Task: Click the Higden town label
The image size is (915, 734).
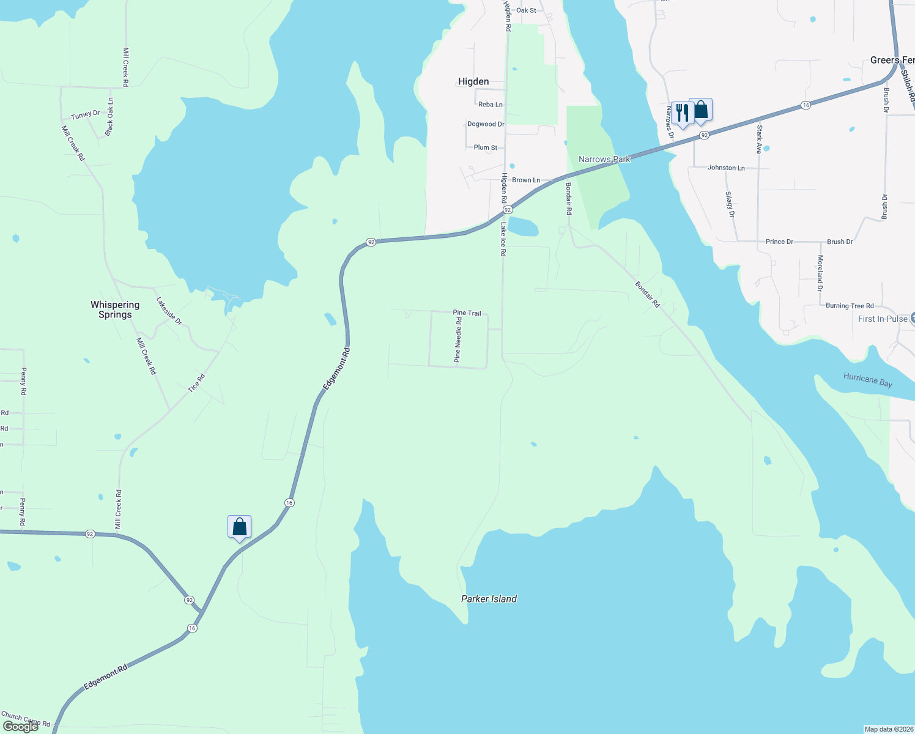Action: pyautogui.click(x=473, y=81)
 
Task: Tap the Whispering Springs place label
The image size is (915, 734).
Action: pyautogui.click(x=115, y=310)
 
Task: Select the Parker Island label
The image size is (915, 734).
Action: pyautogui.click(x=489, y=599)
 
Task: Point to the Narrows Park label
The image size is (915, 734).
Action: pyautogui.click(x=604, y=159)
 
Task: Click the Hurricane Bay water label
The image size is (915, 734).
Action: pyautogui.click(x=867, y=380)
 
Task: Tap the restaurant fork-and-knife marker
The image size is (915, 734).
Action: pyautogui.click(x=682, y=113)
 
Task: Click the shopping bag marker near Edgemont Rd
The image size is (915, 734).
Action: pyautogui.click(x=239, y=527)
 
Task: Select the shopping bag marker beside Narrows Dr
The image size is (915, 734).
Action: pyautogui.click(x=701, y=110)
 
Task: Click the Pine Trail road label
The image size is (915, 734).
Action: pyautogui.click(x=467, y=313)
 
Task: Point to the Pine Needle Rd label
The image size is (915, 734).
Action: pyautogui.click(x=458, y=339)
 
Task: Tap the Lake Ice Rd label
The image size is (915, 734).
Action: pyautogui.click(x=503, y=239)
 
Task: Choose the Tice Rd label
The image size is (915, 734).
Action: pyautogui.click(x=196, y=383)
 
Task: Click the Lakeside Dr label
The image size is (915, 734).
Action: pyautogui.click(x=169, y=311)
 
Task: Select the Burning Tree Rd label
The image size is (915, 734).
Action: pyautogui.click(x=850, y=306)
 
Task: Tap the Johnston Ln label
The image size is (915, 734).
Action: pyautogui.click(x=726, y=168)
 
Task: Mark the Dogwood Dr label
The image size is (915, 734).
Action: pyautogui.click(x=486, y=124)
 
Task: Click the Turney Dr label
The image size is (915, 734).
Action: pyautogui.click(x=85, y=114)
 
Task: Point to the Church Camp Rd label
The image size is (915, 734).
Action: pyautogui.click(x=26, y=719)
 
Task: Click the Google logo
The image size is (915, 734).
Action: pyautogui.click(x=21, y=727)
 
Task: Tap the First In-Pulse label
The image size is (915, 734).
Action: pyautogui.click(x=883, y=319)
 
